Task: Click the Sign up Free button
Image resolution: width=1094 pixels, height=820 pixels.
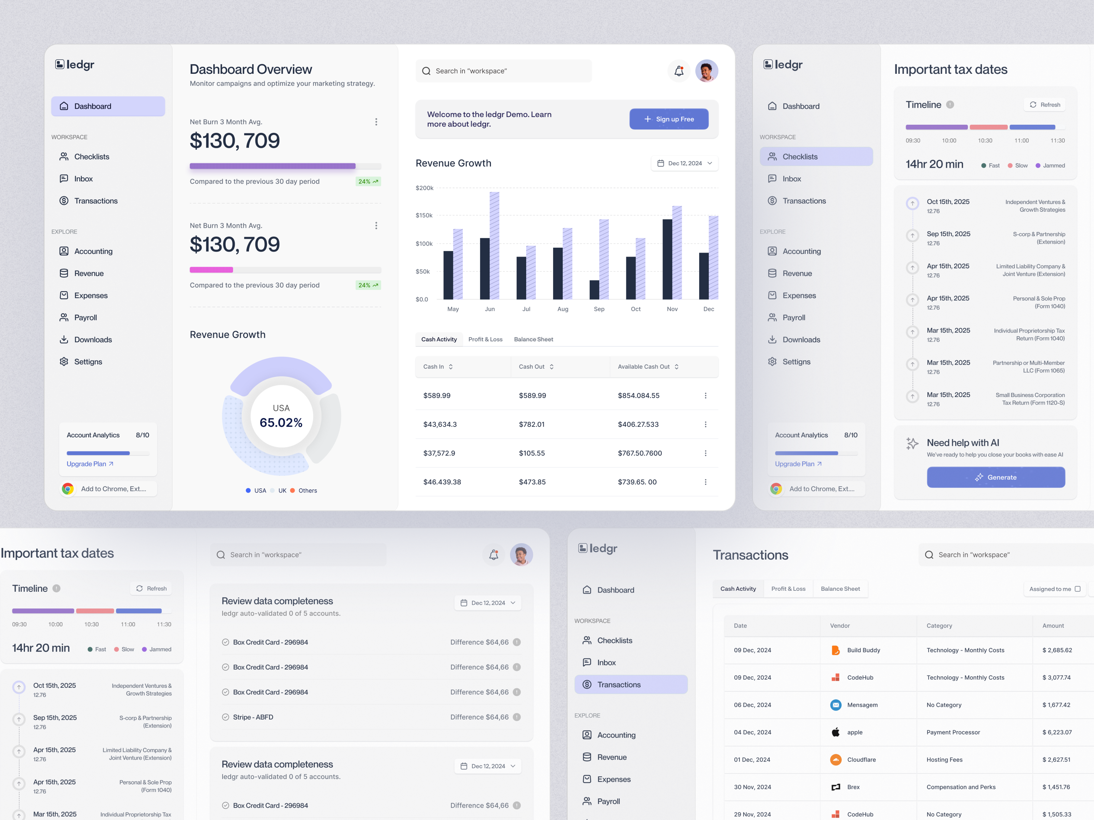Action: click(x=669, y=119)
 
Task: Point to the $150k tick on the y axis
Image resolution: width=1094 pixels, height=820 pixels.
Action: click(x=424, y=216)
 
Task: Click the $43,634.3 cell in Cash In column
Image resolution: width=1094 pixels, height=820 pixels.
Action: click(x=440, y=424)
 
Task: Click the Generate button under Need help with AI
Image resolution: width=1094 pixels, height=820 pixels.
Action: click(x=995, y=477)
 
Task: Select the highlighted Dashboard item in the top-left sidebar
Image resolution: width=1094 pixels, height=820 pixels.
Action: click(x=108, y=106)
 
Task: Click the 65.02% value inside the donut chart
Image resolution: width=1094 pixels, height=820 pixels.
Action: click(x=281, y=423)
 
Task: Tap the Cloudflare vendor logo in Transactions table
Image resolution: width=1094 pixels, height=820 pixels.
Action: click(x=835, y=760)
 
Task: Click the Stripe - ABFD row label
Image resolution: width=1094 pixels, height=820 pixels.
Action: click(x=253, y=717)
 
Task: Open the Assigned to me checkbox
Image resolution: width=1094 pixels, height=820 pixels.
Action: click(x=1077, y=589)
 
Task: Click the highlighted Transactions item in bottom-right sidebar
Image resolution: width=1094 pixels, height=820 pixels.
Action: click(x=630, y=685)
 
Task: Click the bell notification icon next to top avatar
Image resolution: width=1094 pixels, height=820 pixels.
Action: click(x=679, y=71)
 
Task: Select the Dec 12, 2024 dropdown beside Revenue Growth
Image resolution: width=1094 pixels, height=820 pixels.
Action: click(x=684, y=163)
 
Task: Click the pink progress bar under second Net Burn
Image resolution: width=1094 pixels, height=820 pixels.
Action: click(x=211, y=270)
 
